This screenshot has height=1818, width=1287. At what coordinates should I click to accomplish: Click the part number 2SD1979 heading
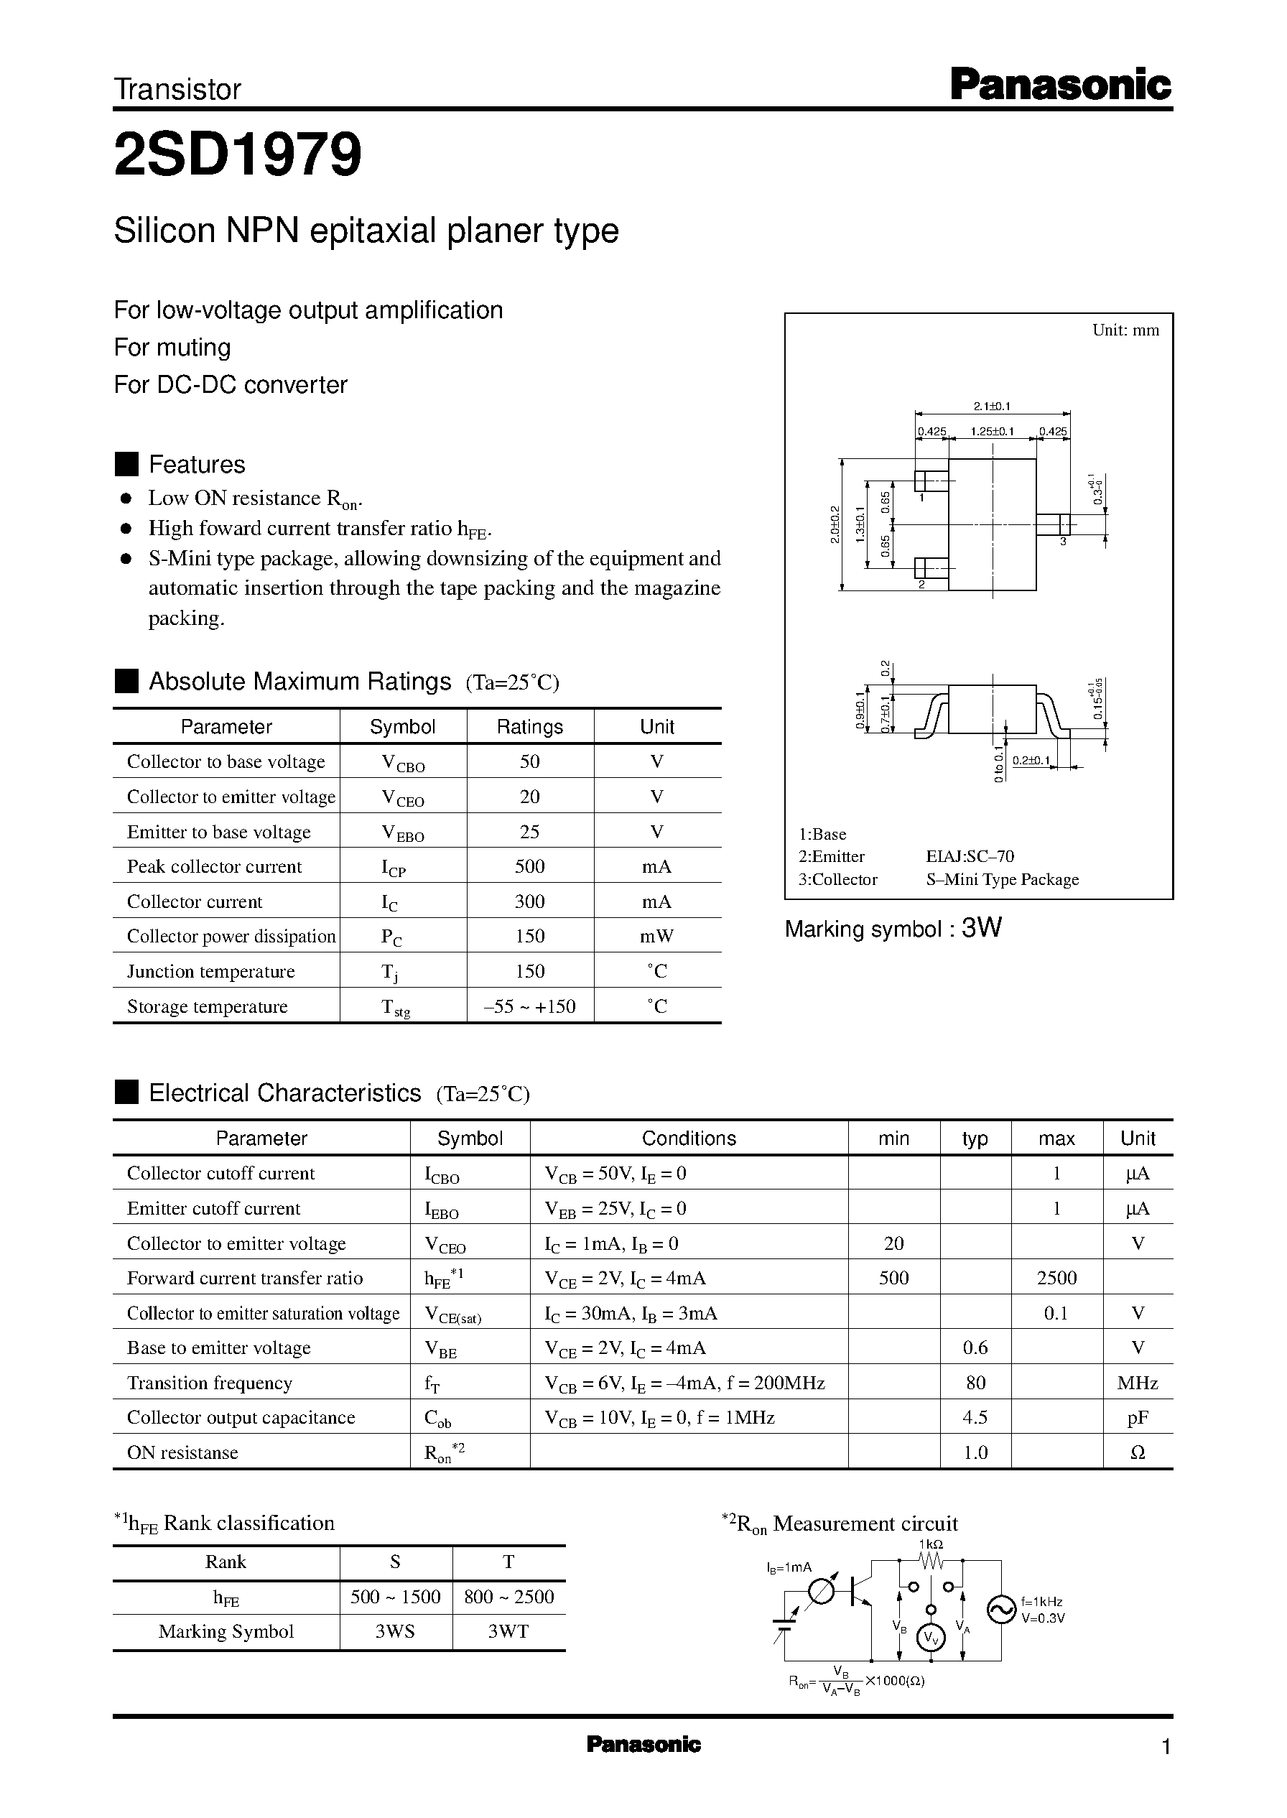pos(238,154)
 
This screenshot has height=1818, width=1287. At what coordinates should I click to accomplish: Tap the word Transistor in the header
pos(177,90)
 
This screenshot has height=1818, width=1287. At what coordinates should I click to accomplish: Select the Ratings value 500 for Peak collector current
pos(529,866)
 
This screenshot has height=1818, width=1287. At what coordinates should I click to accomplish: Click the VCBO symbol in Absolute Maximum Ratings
pos(403,763)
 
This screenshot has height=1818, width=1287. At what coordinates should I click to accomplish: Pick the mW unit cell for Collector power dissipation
pos(656,936)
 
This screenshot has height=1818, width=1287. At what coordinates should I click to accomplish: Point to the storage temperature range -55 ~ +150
pos(529,1006)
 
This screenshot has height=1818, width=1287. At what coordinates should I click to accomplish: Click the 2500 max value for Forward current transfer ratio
pos(1056,1278)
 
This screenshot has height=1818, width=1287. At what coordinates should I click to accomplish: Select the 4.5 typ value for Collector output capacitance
pos(975,1417)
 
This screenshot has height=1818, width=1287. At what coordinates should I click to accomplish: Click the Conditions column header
pos(689,1138)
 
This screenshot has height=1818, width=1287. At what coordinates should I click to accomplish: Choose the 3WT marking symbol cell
pos(508,1631)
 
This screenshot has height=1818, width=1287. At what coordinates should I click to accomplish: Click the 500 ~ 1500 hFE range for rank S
pos(396,1596)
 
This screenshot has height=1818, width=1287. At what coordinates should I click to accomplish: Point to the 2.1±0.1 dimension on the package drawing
pos(991,407)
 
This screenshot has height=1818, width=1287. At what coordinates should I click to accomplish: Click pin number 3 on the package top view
pos(1063,542)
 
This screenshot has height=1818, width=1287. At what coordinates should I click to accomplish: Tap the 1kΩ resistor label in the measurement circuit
pos(930,1544)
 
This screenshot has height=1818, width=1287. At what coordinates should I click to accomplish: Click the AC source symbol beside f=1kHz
pos(1001,1610)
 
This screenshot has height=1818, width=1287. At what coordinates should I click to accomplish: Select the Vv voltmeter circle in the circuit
pos(931,1639)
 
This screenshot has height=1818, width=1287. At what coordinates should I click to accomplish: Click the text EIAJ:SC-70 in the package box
pos(970,856)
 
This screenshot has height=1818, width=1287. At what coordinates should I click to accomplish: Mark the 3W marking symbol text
pos(981,928)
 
